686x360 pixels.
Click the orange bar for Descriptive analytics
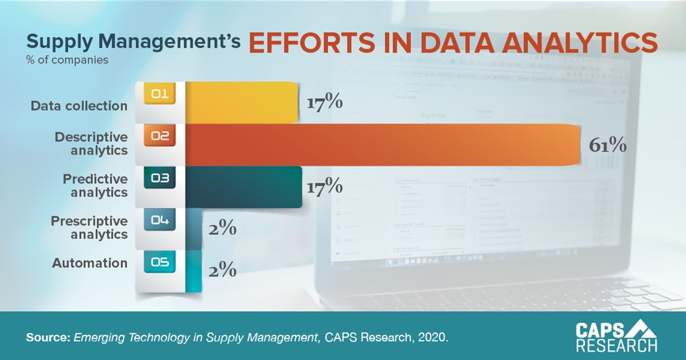[x=377, y=145]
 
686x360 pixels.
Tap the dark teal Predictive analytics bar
[x=244, y=187]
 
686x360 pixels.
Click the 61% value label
[x=608, y=145]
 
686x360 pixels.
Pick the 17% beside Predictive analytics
[x=324, y=187]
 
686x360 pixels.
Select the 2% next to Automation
[x=221, y=271]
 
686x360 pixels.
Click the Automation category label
[x=90, y=263]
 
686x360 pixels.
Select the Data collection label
[x=79, y=106]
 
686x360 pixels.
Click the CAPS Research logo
[x=616, y=337]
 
